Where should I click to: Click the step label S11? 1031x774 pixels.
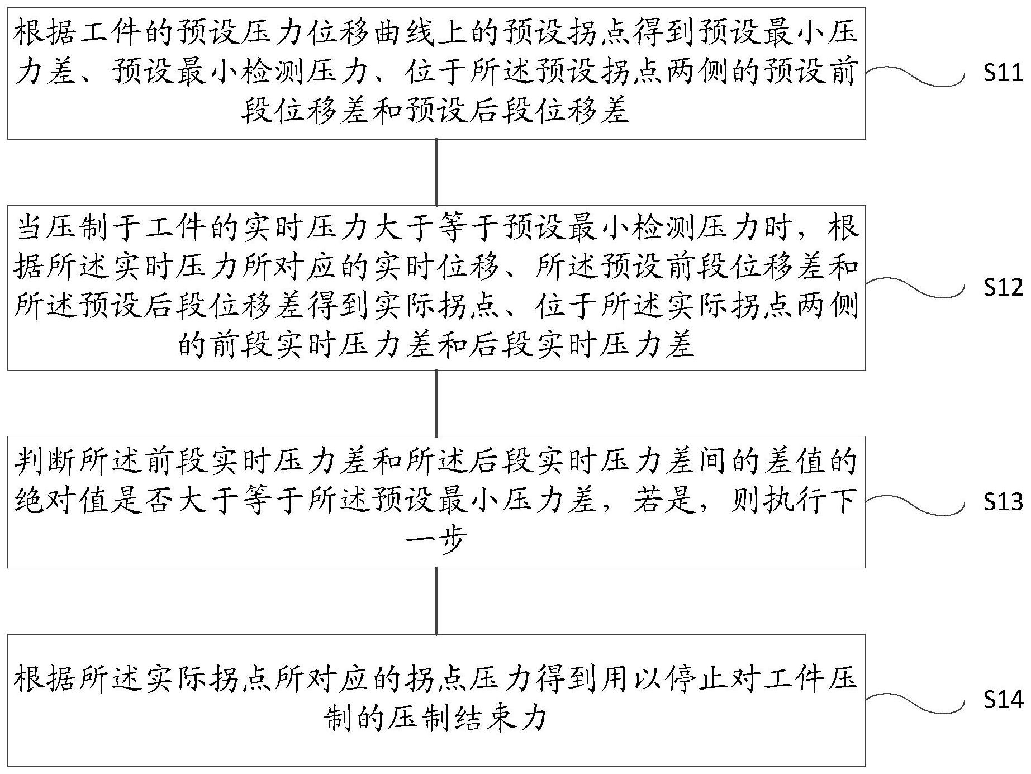coord(1004,74)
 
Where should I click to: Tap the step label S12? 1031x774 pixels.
coord(1004,287)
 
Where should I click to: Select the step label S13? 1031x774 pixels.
coord(1004,502)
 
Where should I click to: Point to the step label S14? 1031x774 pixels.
coord(1004,700)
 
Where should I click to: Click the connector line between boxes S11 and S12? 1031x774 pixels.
coord(436,172)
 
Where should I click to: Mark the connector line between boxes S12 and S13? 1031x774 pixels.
coord(436,403)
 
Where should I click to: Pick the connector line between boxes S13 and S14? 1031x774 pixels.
coord(436,601)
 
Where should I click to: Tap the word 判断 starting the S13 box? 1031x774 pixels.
coord(45,463)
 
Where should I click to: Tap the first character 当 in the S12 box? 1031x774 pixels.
coord(29,229)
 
